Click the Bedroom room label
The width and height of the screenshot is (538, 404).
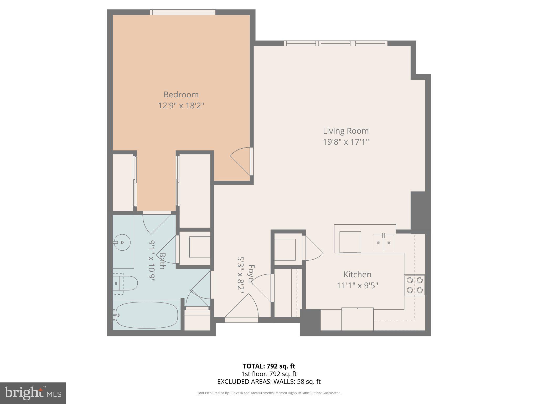(181, 94)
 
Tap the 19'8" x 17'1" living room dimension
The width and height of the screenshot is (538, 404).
(346, 142)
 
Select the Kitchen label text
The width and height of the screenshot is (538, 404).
(357, 274)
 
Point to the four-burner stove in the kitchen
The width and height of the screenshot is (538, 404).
(415, 285)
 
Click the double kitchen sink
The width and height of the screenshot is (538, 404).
(384, 243)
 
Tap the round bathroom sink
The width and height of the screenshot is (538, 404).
(122, 242)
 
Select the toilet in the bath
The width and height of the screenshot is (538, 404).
(126, 283)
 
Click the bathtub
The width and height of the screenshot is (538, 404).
(147, 315)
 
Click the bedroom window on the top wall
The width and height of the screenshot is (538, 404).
(183, 12)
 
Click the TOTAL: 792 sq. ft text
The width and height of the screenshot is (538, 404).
(269, 366)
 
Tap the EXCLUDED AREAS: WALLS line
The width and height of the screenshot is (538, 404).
(269, 382)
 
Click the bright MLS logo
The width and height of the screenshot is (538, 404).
(33, 393)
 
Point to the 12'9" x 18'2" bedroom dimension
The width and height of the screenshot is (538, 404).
(181, 106)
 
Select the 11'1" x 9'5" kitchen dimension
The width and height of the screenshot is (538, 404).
(357, 285)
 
